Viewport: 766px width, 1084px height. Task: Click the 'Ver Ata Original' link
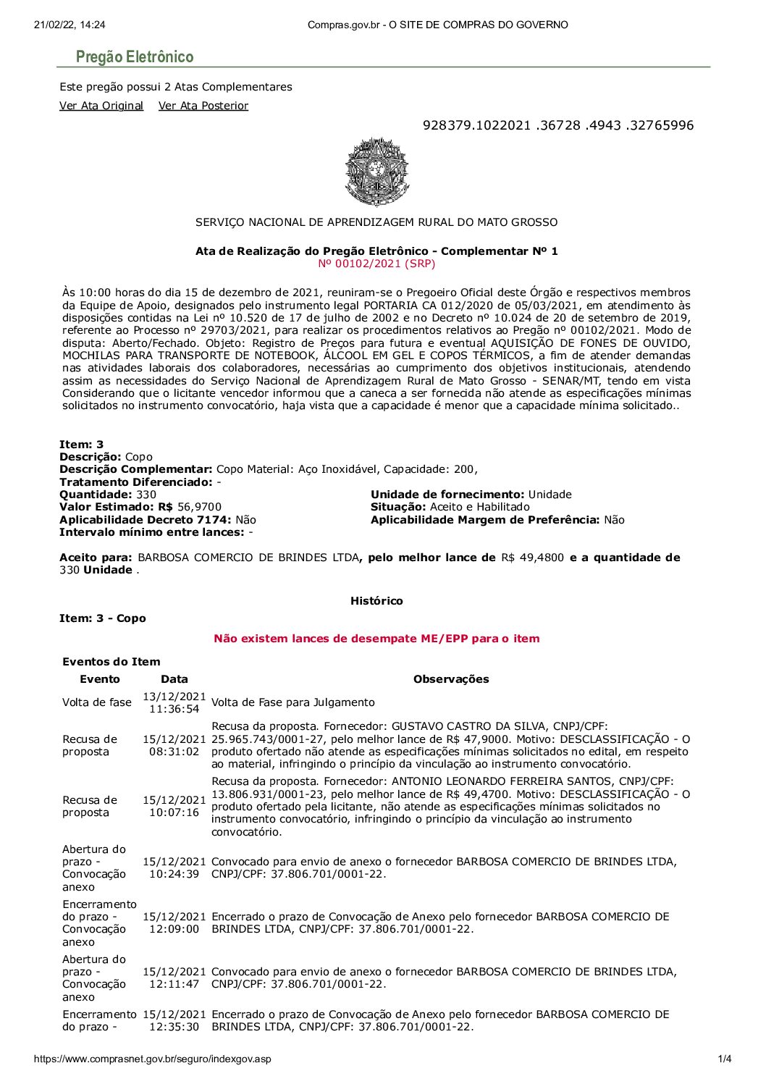pyautogui.click(x=101, y=106)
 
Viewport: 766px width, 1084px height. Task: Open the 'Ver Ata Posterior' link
pyautogui.click(x=203, y=106)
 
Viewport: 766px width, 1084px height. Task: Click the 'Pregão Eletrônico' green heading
pyautogui.click(x=135, y=57)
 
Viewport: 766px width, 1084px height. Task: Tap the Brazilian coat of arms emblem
pyautogui.click(x=376, y=172)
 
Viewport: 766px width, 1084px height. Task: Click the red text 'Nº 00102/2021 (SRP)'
pyautogui.click(x=376, y=264)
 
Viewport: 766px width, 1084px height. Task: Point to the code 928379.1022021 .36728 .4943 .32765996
pyautogui.click(x=557, y=125)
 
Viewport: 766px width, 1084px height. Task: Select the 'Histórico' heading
pyautogui.click(x=376, y=601)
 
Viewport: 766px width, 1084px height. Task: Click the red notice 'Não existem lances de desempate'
pyautogui.click(x=376, y=639)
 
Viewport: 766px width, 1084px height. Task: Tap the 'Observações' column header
pyautogui.click(x=451, y=679)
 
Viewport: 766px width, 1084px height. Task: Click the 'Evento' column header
pyautogui.click(x=100, y=679)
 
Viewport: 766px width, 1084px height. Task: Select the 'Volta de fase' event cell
pyautogui.click(x=97, y=702)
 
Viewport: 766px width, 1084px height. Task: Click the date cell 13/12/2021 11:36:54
pyautogui.click(x=174, y=702)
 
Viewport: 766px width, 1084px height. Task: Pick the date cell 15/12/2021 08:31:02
pyautogui.click(x=174, y=746)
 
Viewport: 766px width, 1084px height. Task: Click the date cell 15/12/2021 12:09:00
pyautogui.click(x=174, y=923)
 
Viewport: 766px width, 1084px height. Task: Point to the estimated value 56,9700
pyautogui.click(x=199, y=507)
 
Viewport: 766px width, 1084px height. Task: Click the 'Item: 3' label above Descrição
pyautogui.click(x=81, y=445)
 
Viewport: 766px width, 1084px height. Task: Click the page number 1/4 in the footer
pyautogui.click(x=724, y=1059)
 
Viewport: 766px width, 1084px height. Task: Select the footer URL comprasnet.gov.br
pyautogui.click(x=152, y=1059)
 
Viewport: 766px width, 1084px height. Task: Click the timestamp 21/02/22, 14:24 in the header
pyautogui.click(x=70, y=25)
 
